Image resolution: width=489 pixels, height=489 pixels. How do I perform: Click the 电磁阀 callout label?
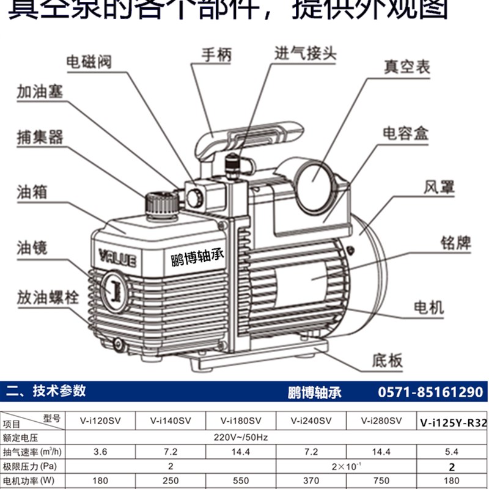[x=89, y=62]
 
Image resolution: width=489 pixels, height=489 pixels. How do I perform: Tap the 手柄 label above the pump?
[x=217, y=55]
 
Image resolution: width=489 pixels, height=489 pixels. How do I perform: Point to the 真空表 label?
[x=406, y=66]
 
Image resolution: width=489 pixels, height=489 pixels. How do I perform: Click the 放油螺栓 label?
[x=48, y=299]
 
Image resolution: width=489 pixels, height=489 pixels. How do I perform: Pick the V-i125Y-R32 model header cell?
[x=453, y=422]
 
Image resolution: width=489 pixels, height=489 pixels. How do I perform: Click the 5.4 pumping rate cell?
[x=453, y=452]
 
